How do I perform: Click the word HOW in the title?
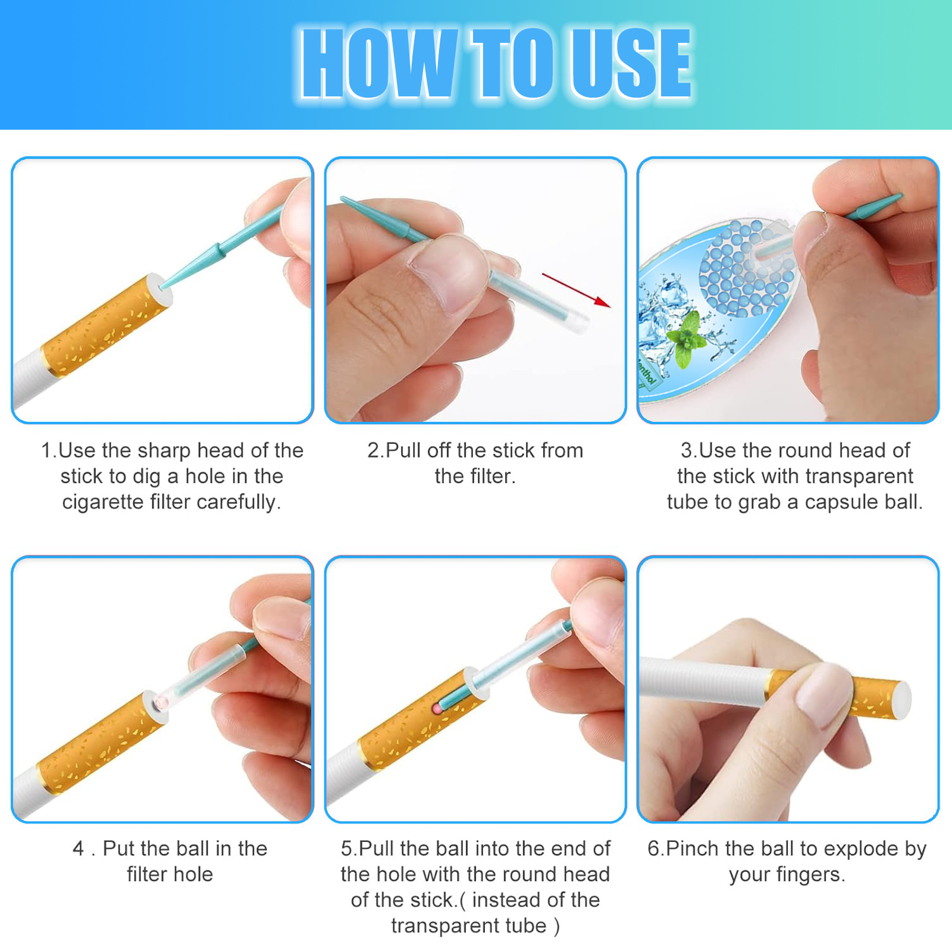point(380,64)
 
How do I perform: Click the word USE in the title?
point(631,64)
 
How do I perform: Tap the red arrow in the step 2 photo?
point(576,290)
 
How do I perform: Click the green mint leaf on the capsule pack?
point(687,339)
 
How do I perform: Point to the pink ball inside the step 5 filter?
point(437,709)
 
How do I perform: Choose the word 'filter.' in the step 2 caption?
point(475,476)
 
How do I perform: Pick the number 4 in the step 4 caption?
point(78,848)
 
